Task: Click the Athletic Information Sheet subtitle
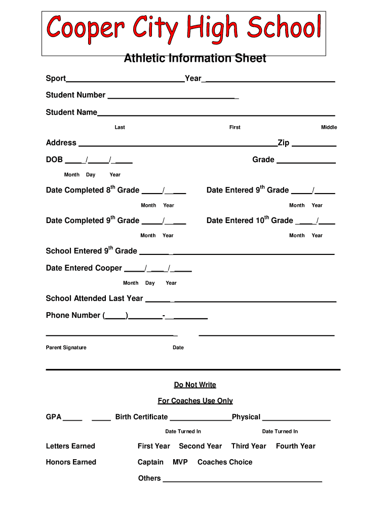(195, 59)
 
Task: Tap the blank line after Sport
(125, 80)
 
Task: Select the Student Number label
(75, 95)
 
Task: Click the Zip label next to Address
(283, 143)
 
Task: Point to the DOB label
(54, 160)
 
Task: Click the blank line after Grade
(306, 162)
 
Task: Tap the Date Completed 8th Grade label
(92, 190)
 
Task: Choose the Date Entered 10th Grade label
(250, 220)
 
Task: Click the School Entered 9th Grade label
(91, 251)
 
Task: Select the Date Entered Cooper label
(84, 268)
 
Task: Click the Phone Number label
(73, 315)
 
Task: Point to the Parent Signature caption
(66, 348)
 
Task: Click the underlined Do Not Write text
(195, 385)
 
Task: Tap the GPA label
(54, 417)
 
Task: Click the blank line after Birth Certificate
(201, 419)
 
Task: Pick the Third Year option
(248, 446)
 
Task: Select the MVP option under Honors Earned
(180, 462)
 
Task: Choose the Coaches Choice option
(224, 462)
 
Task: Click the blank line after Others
(242, 480)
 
